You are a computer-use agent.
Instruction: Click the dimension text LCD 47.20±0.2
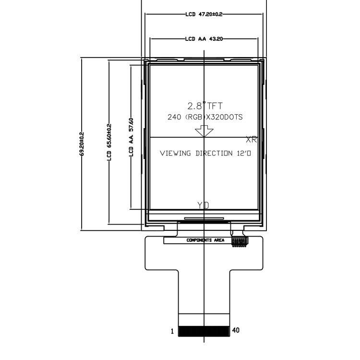204,14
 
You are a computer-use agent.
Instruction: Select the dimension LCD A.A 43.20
204,39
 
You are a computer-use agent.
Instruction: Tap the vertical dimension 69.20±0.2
82,144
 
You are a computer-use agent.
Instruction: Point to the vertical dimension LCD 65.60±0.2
109,142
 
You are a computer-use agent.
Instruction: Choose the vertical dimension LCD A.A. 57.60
131,137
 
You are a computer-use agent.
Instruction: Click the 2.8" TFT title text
205,106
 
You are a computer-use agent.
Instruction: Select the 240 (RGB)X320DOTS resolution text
205,117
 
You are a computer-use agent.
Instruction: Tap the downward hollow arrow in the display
204,131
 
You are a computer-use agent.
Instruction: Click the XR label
251,139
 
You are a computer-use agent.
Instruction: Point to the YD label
203,205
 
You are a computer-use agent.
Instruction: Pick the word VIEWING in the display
175,153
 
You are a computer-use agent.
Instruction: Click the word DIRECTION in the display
214,153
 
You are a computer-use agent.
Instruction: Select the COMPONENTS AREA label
205,240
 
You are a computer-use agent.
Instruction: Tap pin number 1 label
172,331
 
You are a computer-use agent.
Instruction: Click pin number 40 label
236,330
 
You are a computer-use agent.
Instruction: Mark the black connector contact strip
204,331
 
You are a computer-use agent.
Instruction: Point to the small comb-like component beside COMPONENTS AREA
240,242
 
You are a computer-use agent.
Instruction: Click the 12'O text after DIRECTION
244,153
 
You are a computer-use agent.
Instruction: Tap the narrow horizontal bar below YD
204,218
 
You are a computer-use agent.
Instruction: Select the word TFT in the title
215,106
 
